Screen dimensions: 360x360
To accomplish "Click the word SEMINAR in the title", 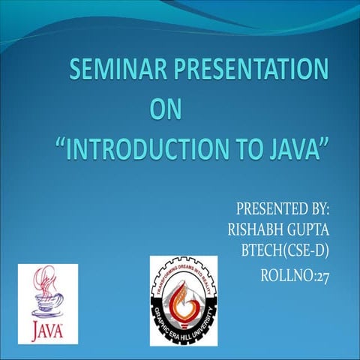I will coord(112,72).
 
